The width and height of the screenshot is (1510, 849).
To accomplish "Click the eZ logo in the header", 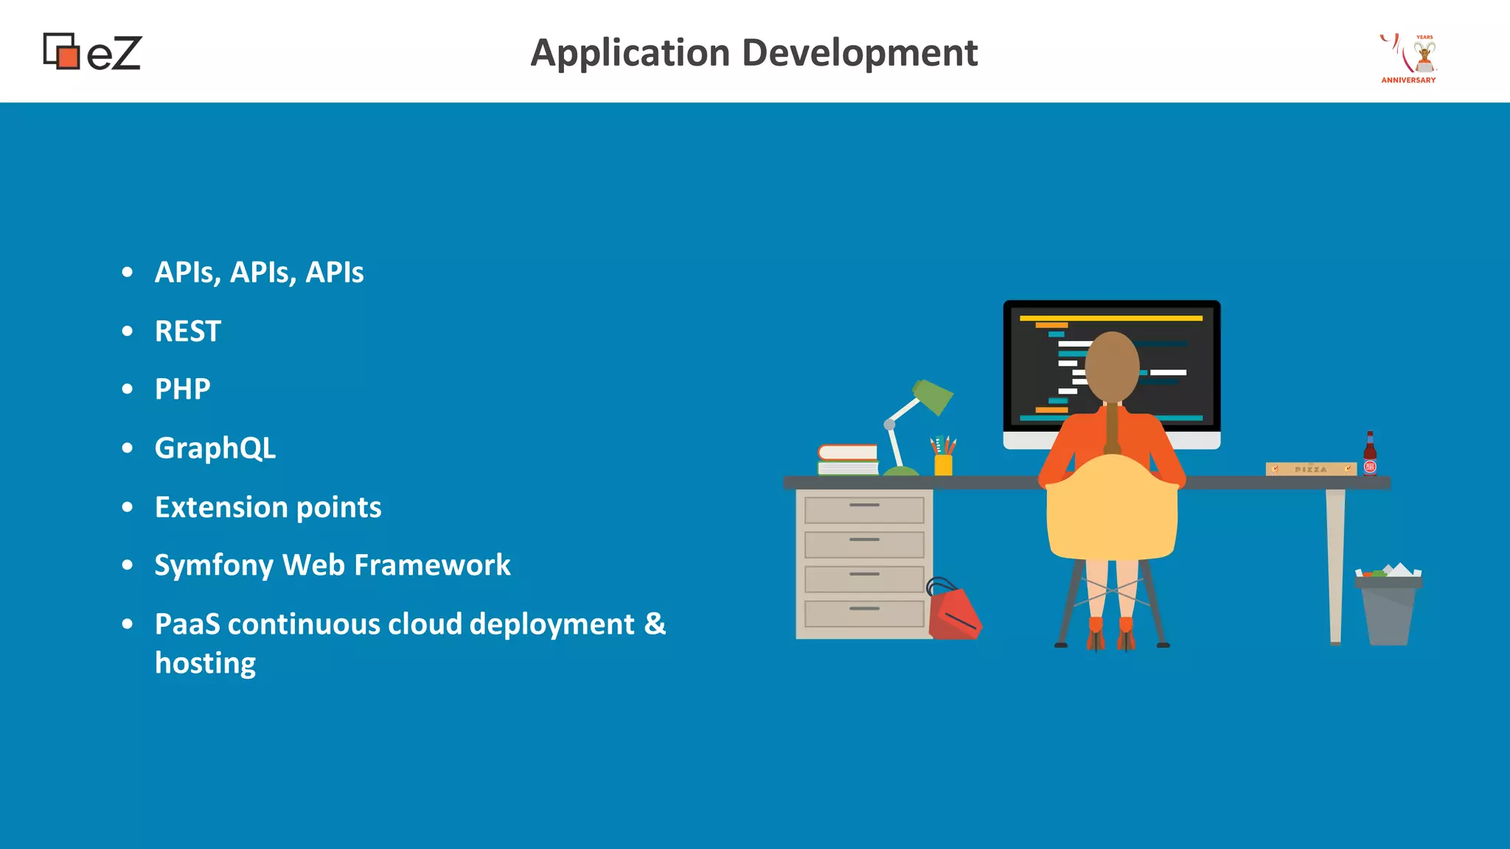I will click(x=92, y=52).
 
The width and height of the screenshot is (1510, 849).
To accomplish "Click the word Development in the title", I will click(x=860, y=53).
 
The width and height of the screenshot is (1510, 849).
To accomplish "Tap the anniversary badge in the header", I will click(x=1409, y=58).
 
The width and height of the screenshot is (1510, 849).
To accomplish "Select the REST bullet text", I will click(x=188, y=331).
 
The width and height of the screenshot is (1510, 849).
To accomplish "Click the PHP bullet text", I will click(x=182, y=389).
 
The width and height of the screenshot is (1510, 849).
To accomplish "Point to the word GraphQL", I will click(x=215, y=448).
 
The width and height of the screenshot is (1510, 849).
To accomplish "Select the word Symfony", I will click(x=214, y=565).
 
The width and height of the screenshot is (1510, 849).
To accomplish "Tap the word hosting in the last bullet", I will click(x=205, y=663).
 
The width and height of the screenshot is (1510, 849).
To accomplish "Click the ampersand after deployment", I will click(x=655, y=623).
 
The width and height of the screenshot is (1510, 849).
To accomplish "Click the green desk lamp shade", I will click(x=933, y=396).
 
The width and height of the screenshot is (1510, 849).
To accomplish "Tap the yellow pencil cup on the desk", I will click(x=943, y=464).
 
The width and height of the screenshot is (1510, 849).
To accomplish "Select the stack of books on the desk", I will click(x=848, y=460).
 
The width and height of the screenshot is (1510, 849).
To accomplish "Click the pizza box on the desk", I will click(x=1311, y=469).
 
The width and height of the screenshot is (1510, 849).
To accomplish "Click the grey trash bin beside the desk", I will click(x=1388, y=608).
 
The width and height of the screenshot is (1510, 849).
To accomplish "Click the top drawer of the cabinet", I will click(x=864, y=510).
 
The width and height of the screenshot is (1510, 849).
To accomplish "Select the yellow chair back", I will click(x=1112, y=509).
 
